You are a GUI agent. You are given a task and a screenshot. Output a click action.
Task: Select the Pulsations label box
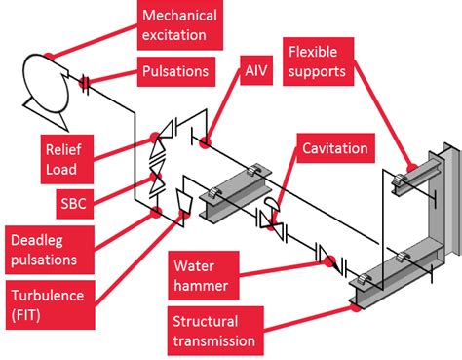coord(174,71)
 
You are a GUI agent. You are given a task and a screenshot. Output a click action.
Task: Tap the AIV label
coord(256,71)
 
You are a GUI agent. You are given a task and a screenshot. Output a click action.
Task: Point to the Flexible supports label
coord(326,60)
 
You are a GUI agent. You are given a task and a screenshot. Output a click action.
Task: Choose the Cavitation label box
coord(334,148)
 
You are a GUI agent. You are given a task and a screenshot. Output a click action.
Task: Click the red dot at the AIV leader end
coord(206,143)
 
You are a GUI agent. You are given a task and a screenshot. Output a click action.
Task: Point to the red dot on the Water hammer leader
coord(330,260)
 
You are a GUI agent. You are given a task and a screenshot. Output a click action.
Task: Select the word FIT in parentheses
coord(29,316)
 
